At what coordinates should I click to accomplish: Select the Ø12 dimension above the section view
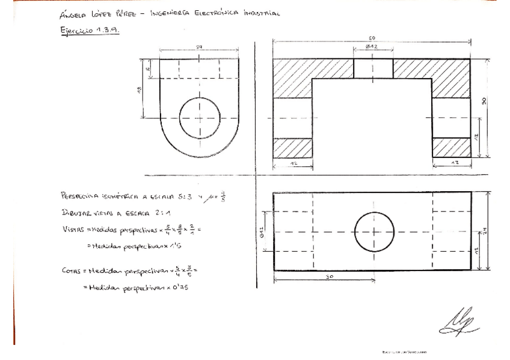coord(371,47)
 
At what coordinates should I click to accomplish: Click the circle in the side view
coord(200,118)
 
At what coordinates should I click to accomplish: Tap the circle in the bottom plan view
coord(374,231)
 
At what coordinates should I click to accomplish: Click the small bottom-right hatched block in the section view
coord(451,147)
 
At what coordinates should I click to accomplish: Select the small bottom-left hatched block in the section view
coord(292,147)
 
